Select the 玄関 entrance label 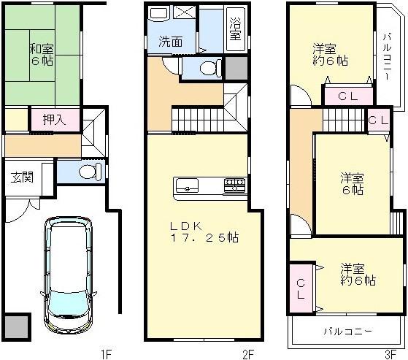[x=20, y=176]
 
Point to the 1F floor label [x=106, y=354]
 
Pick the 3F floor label [x=392, y=354]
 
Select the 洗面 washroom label [x=172, y=42]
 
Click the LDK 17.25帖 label [x=204, y=231]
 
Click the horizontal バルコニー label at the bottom [x=348, y=332]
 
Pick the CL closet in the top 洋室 [x=347, y=96]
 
